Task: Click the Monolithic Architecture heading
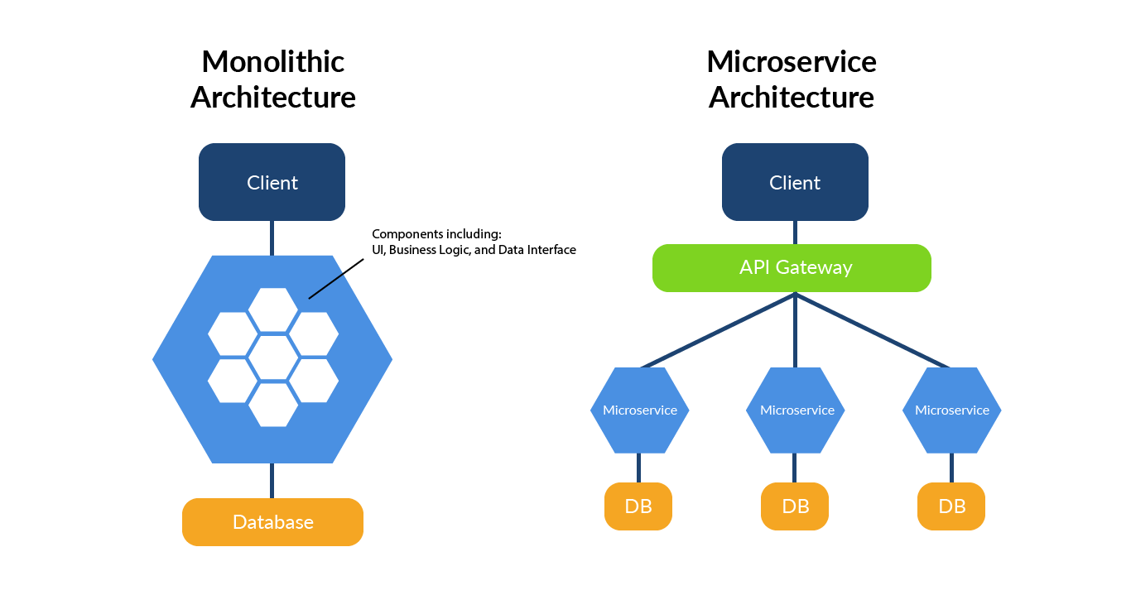[272, 79]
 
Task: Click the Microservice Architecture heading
[792, 79]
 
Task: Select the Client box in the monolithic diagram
[272, 182]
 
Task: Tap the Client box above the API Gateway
[795, 182]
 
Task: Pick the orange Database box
[272, 522]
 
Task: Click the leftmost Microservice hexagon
[639, 410]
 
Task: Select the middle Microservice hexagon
[795, 410]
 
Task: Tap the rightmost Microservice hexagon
[951, 410]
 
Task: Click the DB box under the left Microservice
[638, 506]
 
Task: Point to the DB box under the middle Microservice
[795, 506]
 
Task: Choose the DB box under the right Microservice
[951, 506]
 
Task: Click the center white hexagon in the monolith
[273, 357]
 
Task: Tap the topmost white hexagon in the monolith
[273, 309]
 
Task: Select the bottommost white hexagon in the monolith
[273, 405]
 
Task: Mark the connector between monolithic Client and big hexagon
[272, 238]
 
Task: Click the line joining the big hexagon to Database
[272, 481]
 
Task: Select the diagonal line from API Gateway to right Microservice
[874, 330]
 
